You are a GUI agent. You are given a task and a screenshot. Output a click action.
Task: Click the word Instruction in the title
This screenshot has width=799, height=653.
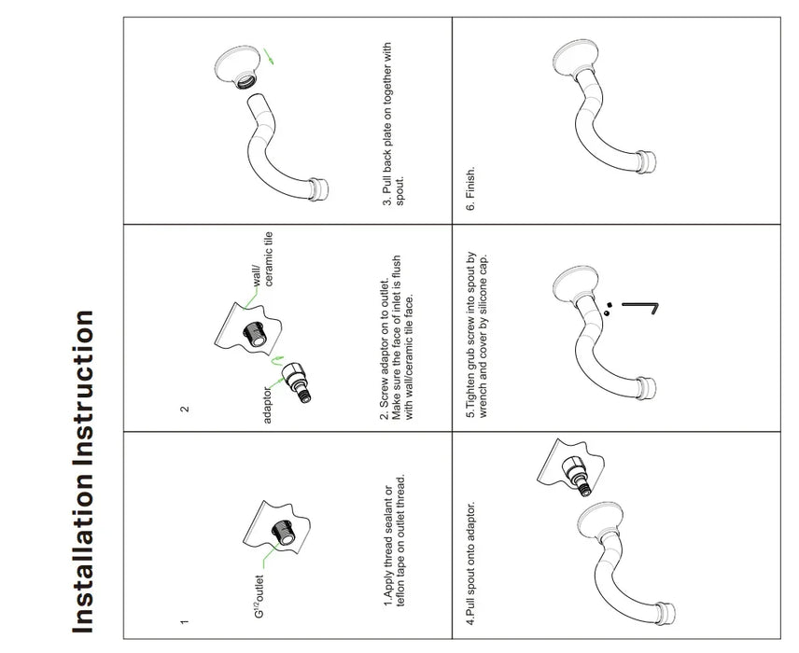click(83, 388)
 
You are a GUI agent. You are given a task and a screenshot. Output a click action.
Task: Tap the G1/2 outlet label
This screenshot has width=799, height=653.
click(259, 596)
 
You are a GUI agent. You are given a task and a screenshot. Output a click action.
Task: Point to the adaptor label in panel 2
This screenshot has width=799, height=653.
click(268, 405)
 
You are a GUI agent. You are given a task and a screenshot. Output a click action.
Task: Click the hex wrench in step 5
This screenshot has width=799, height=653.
click(641, 307)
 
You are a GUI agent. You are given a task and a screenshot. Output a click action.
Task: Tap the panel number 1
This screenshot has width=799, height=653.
click(185, 621)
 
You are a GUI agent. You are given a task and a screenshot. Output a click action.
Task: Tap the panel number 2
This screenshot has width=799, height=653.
click(185, 409)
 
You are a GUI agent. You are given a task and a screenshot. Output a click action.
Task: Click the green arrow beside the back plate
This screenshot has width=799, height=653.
click(269, 56)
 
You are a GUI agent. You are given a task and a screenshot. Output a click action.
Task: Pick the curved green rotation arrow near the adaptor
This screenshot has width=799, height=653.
click(276, 361)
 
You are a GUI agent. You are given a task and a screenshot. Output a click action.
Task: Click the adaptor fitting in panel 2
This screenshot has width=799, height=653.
click(297, 382)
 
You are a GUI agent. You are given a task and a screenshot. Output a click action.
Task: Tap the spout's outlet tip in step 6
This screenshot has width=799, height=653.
click(648, 162)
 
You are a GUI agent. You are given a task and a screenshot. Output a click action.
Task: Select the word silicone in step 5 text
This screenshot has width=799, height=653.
click(484, 296)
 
